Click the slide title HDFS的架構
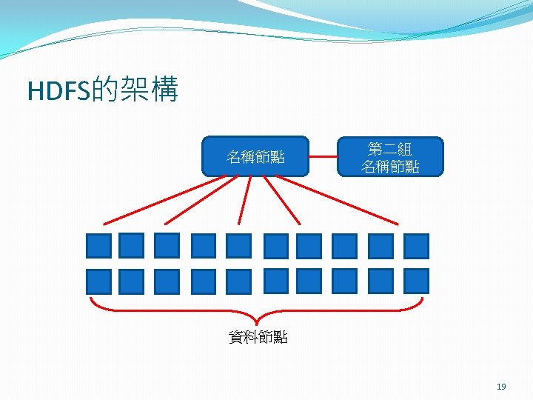point(103,90)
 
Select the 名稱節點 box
point(255,156)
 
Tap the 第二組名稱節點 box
point(390,156)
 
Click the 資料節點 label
point(258,338)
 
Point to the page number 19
point(501,386)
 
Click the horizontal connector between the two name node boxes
point(323,156)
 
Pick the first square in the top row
point(98,245)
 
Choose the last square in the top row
point(416,245)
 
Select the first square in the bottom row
point(98,281)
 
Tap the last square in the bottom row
point(416,281)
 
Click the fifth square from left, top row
point(238,245)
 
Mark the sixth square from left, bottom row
point(275,281)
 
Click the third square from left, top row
point(167,245)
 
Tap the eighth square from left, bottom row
point(344,281)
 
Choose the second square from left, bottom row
point(131,281)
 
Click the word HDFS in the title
point(58,91)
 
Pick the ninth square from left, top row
point(381,245)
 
